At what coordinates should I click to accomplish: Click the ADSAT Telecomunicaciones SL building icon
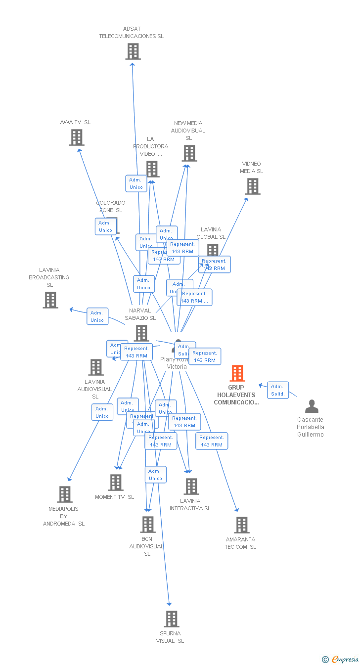coord(133,51)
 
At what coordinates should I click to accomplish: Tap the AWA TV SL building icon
coord(77,137)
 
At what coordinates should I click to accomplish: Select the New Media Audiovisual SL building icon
coord(189,153)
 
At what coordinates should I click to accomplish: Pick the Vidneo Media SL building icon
coord(253,186)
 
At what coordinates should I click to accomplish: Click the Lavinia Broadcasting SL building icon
coord(50,300)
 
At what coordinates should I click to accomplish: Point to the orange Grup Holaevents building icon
coord(237,373)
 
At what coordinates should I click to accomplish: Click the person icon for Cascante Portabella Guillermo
coord(312,406)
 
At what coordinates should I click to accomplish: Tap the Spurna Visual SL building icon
coord(171,619)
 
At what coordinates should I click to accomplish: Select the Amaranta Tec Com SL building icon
coord(241,525)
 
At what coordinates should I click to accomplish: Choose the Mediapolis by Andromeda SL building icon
coord(65,494)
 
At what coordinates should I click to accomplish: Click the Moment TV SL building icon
coord(115,482)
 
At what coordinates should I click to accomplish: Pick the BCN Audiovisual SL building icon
coord(147,524)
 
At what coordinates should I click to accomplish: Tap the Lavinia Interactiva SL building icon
coord(191,486)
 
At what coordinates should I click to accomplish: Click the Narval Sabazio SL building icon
coord(141,333)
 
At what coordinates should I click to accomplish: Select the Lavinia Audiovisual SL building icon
coord(96,367)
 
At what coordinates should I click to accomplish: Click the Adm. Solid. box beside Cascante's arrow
coord(277,390)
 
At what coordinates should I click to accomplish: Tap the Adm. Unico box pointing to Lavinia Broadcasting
coord(97,316)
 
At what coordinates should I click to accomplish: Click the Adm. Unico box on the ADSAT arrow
coord(136,183)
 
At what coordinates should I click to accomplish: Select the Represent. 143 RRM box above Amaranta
coord(212,441)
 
